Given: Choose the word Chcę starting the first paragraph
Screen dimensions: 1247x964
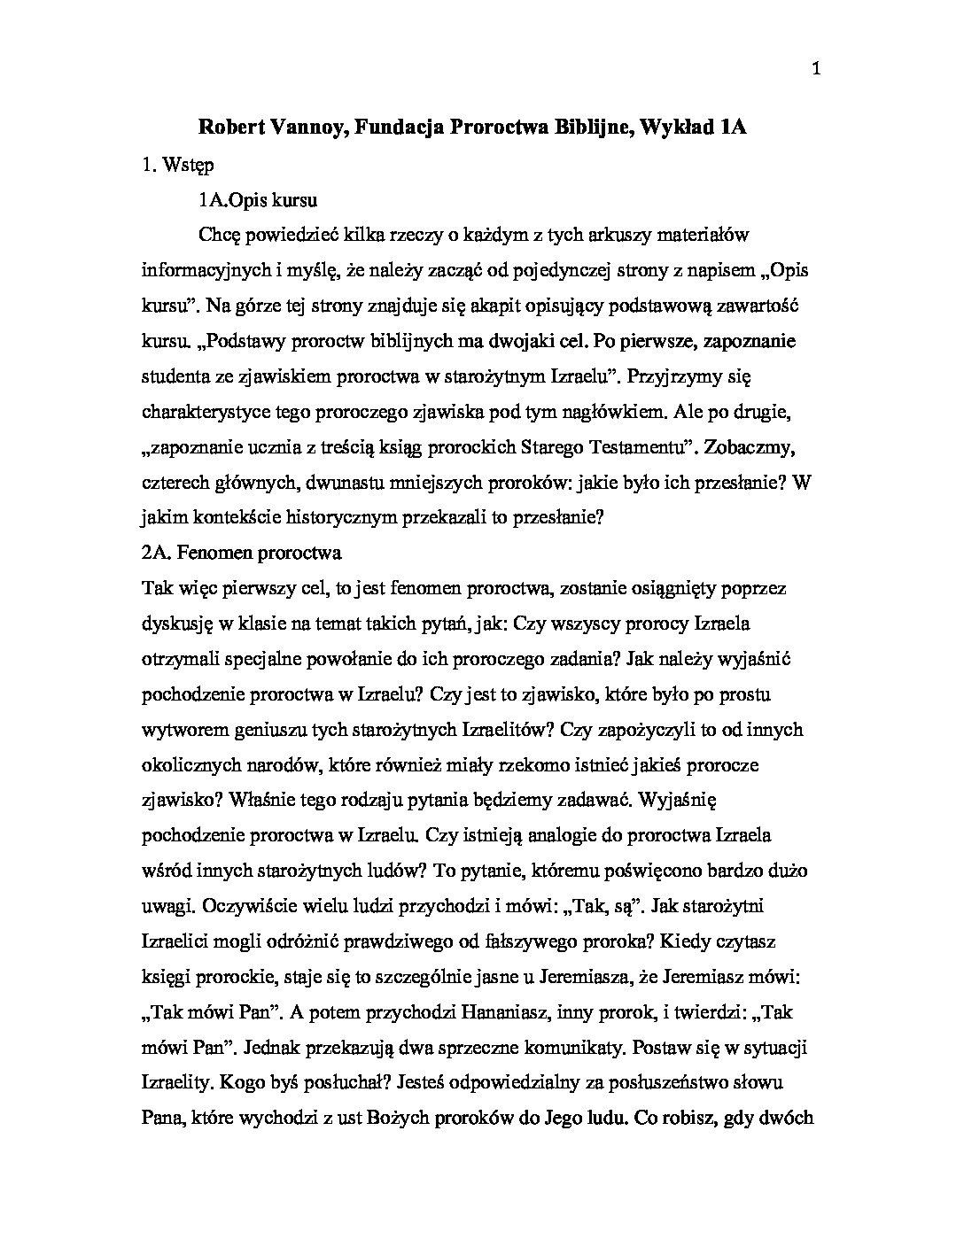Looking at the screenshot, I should pos(222,235).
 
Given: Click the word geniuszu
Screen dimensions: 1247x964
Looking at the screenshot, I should pos(318,730).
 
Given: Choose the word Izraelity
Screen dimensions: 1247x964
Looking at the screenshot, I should pos(175,1083).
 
